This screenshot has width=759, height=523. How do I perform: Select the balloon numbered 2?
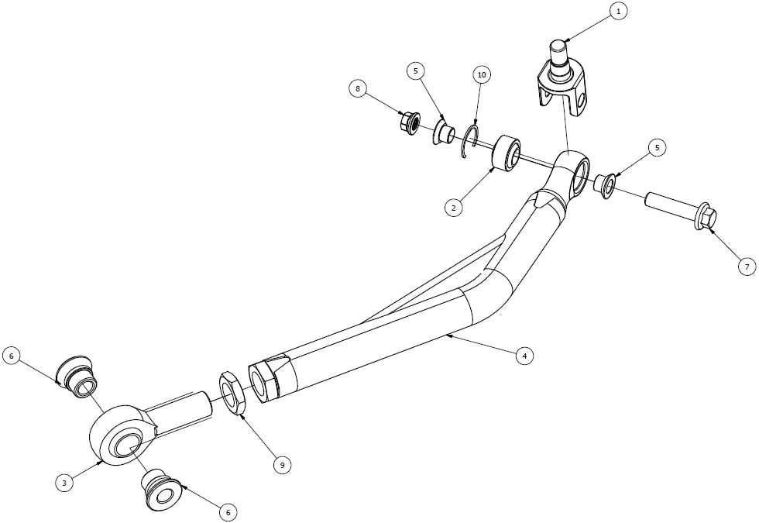click(x=454, y=208)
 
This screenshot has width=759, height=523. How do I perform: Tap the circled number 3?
click(x=64, y=482)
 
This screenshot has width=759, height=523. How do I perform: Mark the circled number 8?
click(x=358, y=89)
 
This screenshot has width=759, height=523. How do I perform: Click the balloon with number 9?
click(x=282, y=466)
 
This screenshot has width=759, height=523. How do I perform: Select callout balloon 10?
click(x=482, y=75)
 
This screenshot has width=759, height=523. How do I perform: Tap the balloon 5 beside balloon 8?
click(x=415, y=71)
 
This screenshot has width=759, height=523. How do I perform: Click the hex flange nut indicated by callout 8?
click(x=410, y=123)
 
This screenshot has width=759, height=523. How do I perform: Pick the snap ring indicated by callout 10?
click(x=469, y=142)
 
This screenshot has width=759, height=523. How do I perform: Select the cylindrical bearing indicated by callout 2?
click(x=506, y=153)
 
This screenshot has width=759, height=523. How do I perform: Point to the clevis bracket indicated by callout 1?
click(x=564, y=80)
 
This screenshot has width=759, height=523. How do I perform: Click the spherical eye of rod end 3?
click(x=122, y=435)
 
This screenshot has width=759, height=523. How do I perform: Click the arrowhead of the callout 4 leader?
click(x=448, y=335)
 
